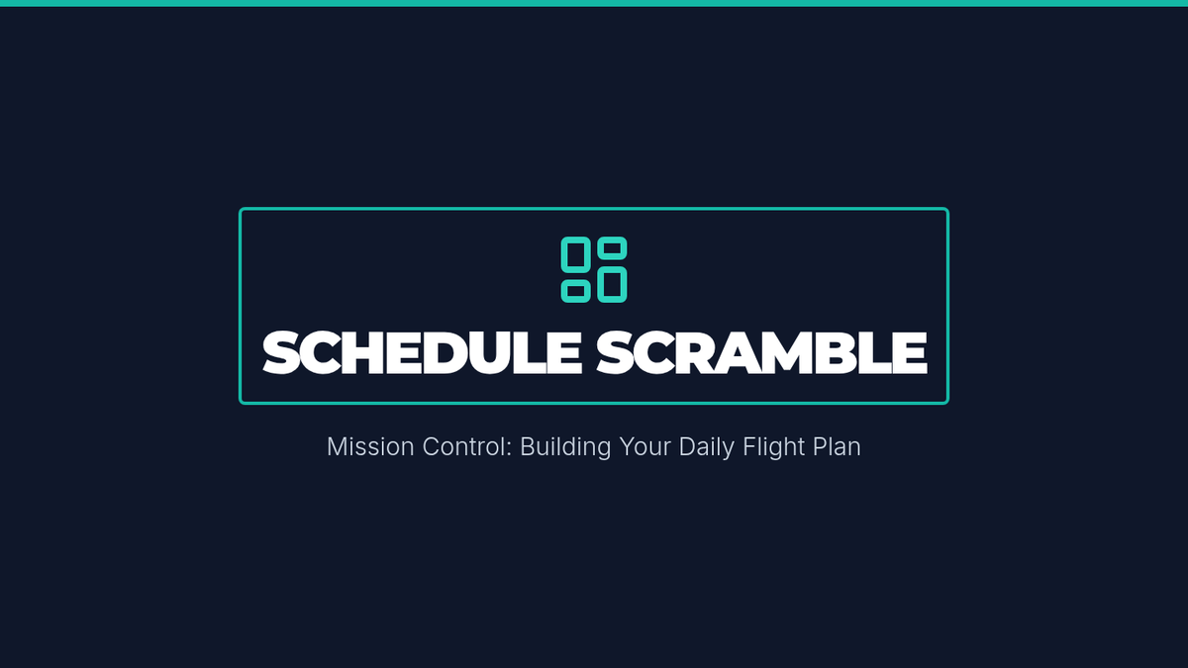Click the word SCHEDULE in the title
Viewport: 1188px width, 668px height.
point(422,352)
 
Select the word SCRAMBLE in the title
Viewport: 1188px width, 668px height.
point(761,352)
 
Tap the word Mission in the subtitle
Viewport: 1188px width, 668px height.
point(370,446)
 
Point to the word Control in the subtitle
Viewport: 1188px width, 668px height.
point(467,446)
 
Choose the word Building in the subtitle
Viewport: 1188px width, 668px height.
point(565,448)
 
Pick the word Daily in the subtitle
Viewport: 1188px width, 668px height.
point(707,448)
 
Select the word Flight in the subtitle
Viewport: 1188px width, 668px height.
point(771,448)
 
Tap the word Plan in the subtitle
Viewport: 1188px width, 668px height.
point(835,446)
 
